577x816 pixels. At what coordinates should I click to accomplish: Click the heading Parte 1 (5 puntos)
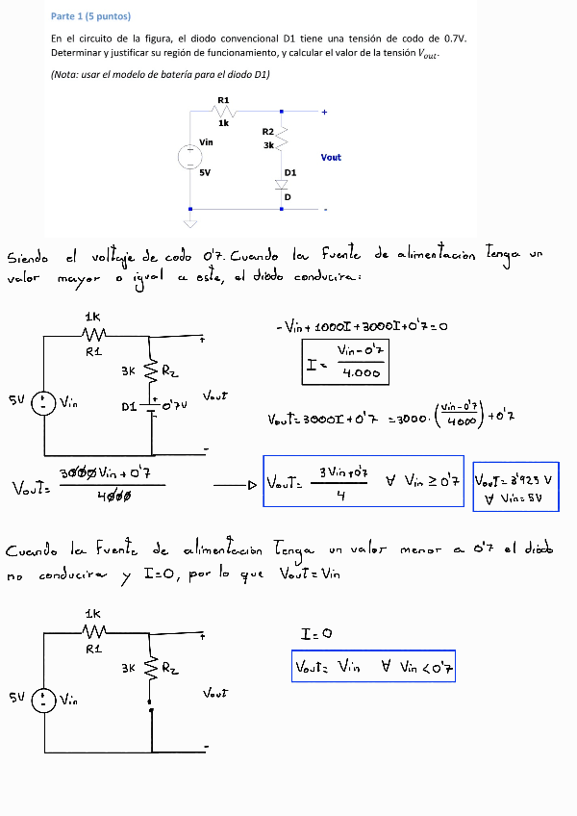[90, 16]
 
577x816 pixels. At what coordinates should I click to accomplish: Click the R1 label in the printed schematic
[223, 100]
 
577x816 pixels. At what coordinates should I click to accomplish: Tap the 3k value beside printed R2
[268, 145]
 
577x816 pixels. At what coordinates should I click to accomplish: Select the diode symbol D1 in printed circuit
[282, 183]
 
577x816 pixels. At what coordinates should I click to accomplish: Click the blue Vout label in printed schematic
[331, 157]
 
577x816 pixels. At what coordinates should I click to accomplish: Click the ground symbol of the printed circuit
[189, 224]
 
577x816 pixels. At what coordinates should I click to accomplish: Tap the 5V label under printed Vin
[204, 172]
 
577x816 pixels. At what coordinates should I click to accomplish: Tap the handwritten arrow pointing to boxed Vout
[238, 484]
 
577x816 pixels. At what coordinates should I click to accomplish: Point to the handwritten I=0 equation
[316, 635]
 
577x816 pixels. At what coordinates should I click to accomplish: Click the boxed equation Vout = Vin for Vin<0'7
[373, 666]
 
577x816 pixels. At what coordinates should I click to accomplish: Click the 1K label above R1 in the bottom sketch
[92, 613]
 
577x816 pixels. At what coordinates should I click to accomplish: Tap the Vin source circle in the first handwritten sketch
[44, 403]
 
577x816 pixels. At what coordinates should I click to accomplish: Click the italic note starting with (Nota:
[161, 74]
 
